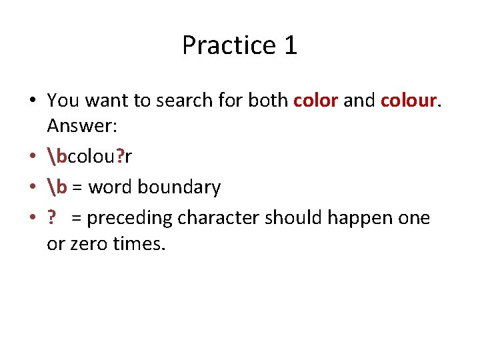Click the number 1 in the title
click(x=290, y=45)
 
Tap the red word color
click(x=316, y=101)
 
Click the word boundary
click(x=178, y=188)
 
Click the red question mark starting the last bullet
click(x=51, y=218)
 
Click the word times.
click(x=139, y=243)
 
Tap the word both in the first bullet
click(x=268, y=101)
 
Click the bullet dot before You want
click(x=33, y=101)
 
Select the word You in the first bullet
click(x=62, y=101)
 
